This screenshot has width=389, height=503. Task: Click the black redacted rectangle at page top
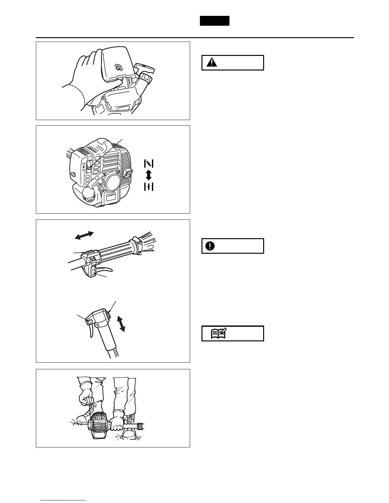coord(215,21)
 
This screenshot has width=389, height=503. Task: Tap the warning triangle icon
coord(210,63)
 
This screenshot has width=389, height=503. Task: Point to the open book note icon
coord(218,333)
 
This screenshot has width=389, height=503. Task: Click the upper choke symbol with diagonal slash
coord(149,163)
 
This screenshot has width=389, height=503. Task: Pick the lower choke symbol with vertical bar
coord(149,187)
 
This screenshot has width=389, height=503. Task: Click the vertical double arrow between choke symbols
coord(149,175)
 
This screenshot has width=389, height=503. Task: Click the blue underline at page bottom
coord(63,501)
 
